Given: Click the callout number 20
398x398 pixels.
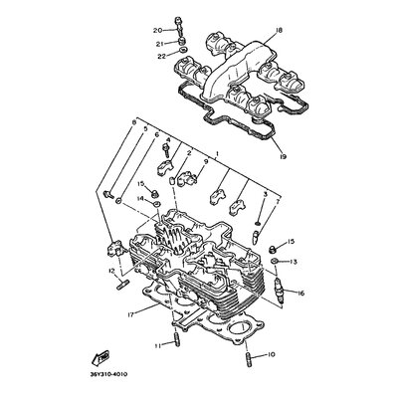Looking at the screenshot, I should pos(157,31).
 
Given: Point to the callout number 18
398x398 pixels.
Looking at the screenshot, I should pos(279,32).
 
